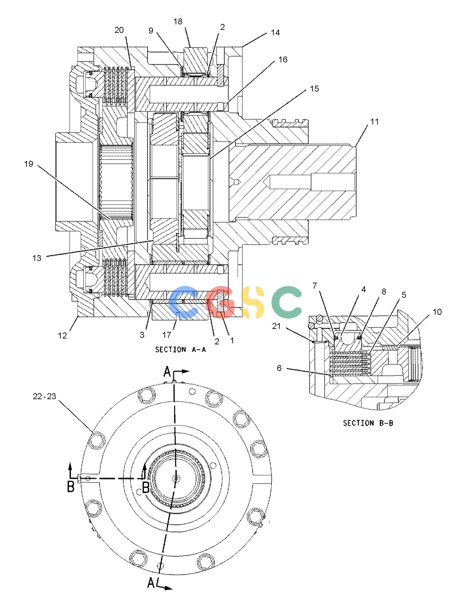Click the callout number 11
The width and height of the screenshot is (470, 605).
374,122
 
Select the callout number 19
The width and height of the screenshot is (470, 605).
29,164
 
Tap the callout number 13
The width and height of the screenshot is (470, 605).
37,258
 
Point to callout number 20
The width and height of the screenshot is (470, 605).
119,30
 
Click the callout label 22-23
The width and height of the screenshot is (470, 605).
45,396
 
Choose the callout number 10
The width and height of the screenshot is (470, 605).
437,312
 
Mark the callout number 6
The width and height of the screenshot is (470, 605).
279,368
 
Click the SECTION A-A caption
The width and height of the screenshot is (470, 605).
181,350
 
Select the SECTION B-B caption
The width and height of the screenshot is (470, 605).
368,423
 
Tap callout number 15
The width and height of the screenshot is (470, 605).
314,89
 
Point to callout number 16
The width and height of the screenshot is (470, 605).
283,60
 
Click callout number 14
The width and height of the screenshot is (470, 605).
275,33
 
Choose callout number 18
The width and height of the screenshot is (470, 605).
178,22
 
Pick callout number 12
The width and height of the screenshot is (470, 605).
62,335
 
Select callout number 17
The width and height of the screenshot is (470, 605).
167,335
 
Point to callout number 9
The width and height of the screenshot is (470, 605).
151,31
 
